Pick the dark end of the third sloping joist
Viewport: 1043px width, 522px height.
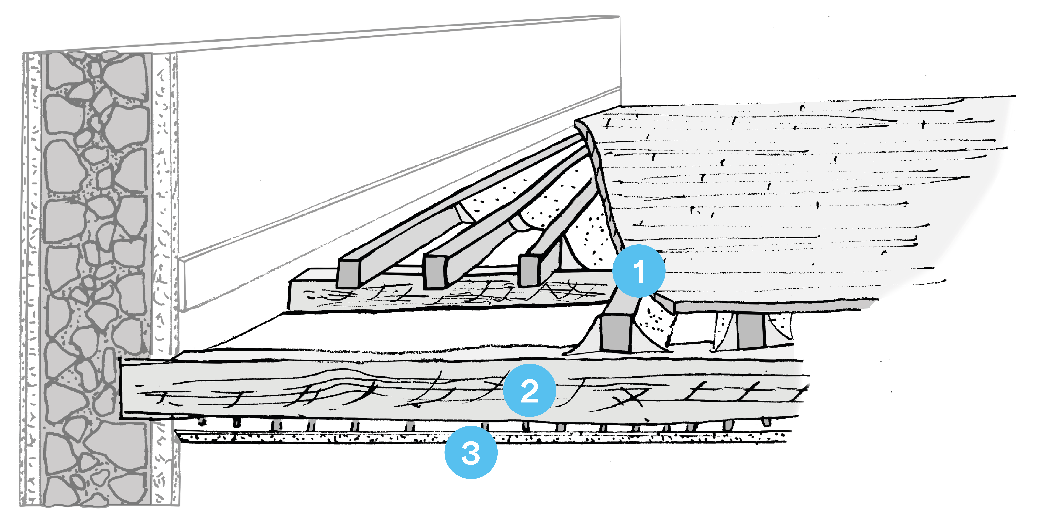[528, 270]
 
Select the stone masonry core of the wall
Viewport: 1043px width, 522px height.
[95, 243]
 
